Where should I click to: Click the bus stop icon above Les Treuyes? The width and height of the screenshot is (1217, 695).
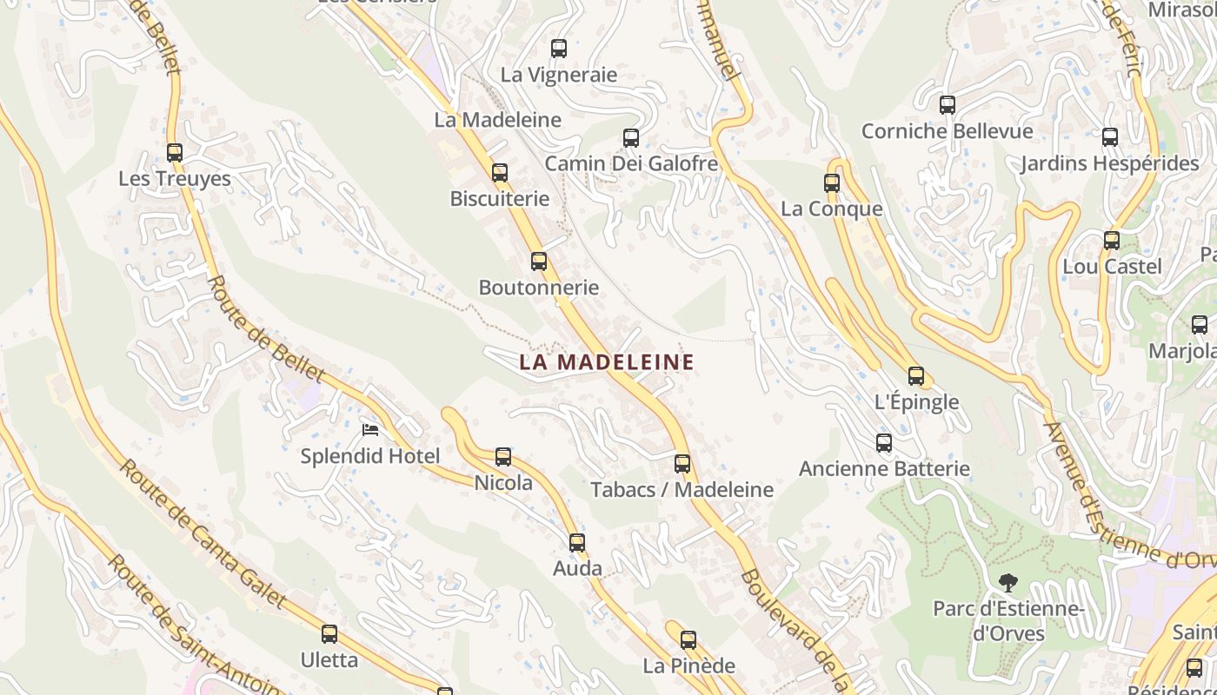(175, 153)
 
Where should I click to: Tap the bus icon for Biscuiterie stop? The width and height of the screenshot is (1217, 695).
(500, 173)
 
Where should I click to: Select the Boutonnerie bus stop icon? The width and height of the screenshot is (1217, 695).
(539, 261)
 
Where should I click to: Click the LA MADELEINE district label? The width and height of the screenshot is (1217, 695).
(607, 362)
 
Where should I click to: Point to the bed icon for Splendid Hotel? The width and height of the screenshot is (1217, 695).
(370, 429)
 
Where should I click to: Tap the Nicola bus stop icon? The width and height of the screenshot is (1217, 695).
(503, 457)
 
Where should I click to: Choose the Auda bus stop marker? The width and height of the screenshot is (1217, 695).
(577, 543)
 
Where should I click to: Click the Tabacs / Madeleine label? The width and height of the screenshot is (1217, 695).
(682, 490)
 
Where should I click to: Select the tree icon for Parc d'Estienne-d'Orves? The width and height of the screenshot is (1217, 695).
(1008, 582)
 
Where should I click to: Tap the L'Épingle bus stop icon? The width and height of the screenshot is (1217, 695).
(916, 376)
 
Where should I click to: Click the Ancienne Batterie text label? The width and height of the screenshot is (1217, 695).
(884, 469)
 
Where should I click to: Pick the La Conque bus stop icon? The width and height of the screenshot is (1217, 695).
(832, 183)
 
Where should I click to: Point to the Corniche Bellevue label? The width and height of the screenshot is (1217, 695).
(947, 131)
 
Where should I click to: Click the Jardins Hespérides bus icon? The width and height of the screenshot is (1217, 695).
(1110, 137)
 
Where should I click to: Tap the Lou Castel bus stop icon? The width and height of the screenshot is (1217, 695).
(1112, 241)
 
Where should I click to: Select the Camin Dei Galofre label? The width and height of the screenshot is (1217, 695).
(631, 163)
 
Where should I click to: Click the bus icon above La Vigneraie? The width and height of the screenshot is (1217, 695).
(559, 49)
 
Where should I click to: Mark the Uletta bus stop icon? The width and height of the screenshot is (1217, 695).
(329, 634)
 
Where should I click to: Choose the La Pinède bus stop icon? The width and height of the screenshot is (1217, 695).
(688, 640)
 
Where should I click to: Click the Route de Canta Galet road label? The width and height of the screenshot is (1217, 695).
(202, 534)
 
